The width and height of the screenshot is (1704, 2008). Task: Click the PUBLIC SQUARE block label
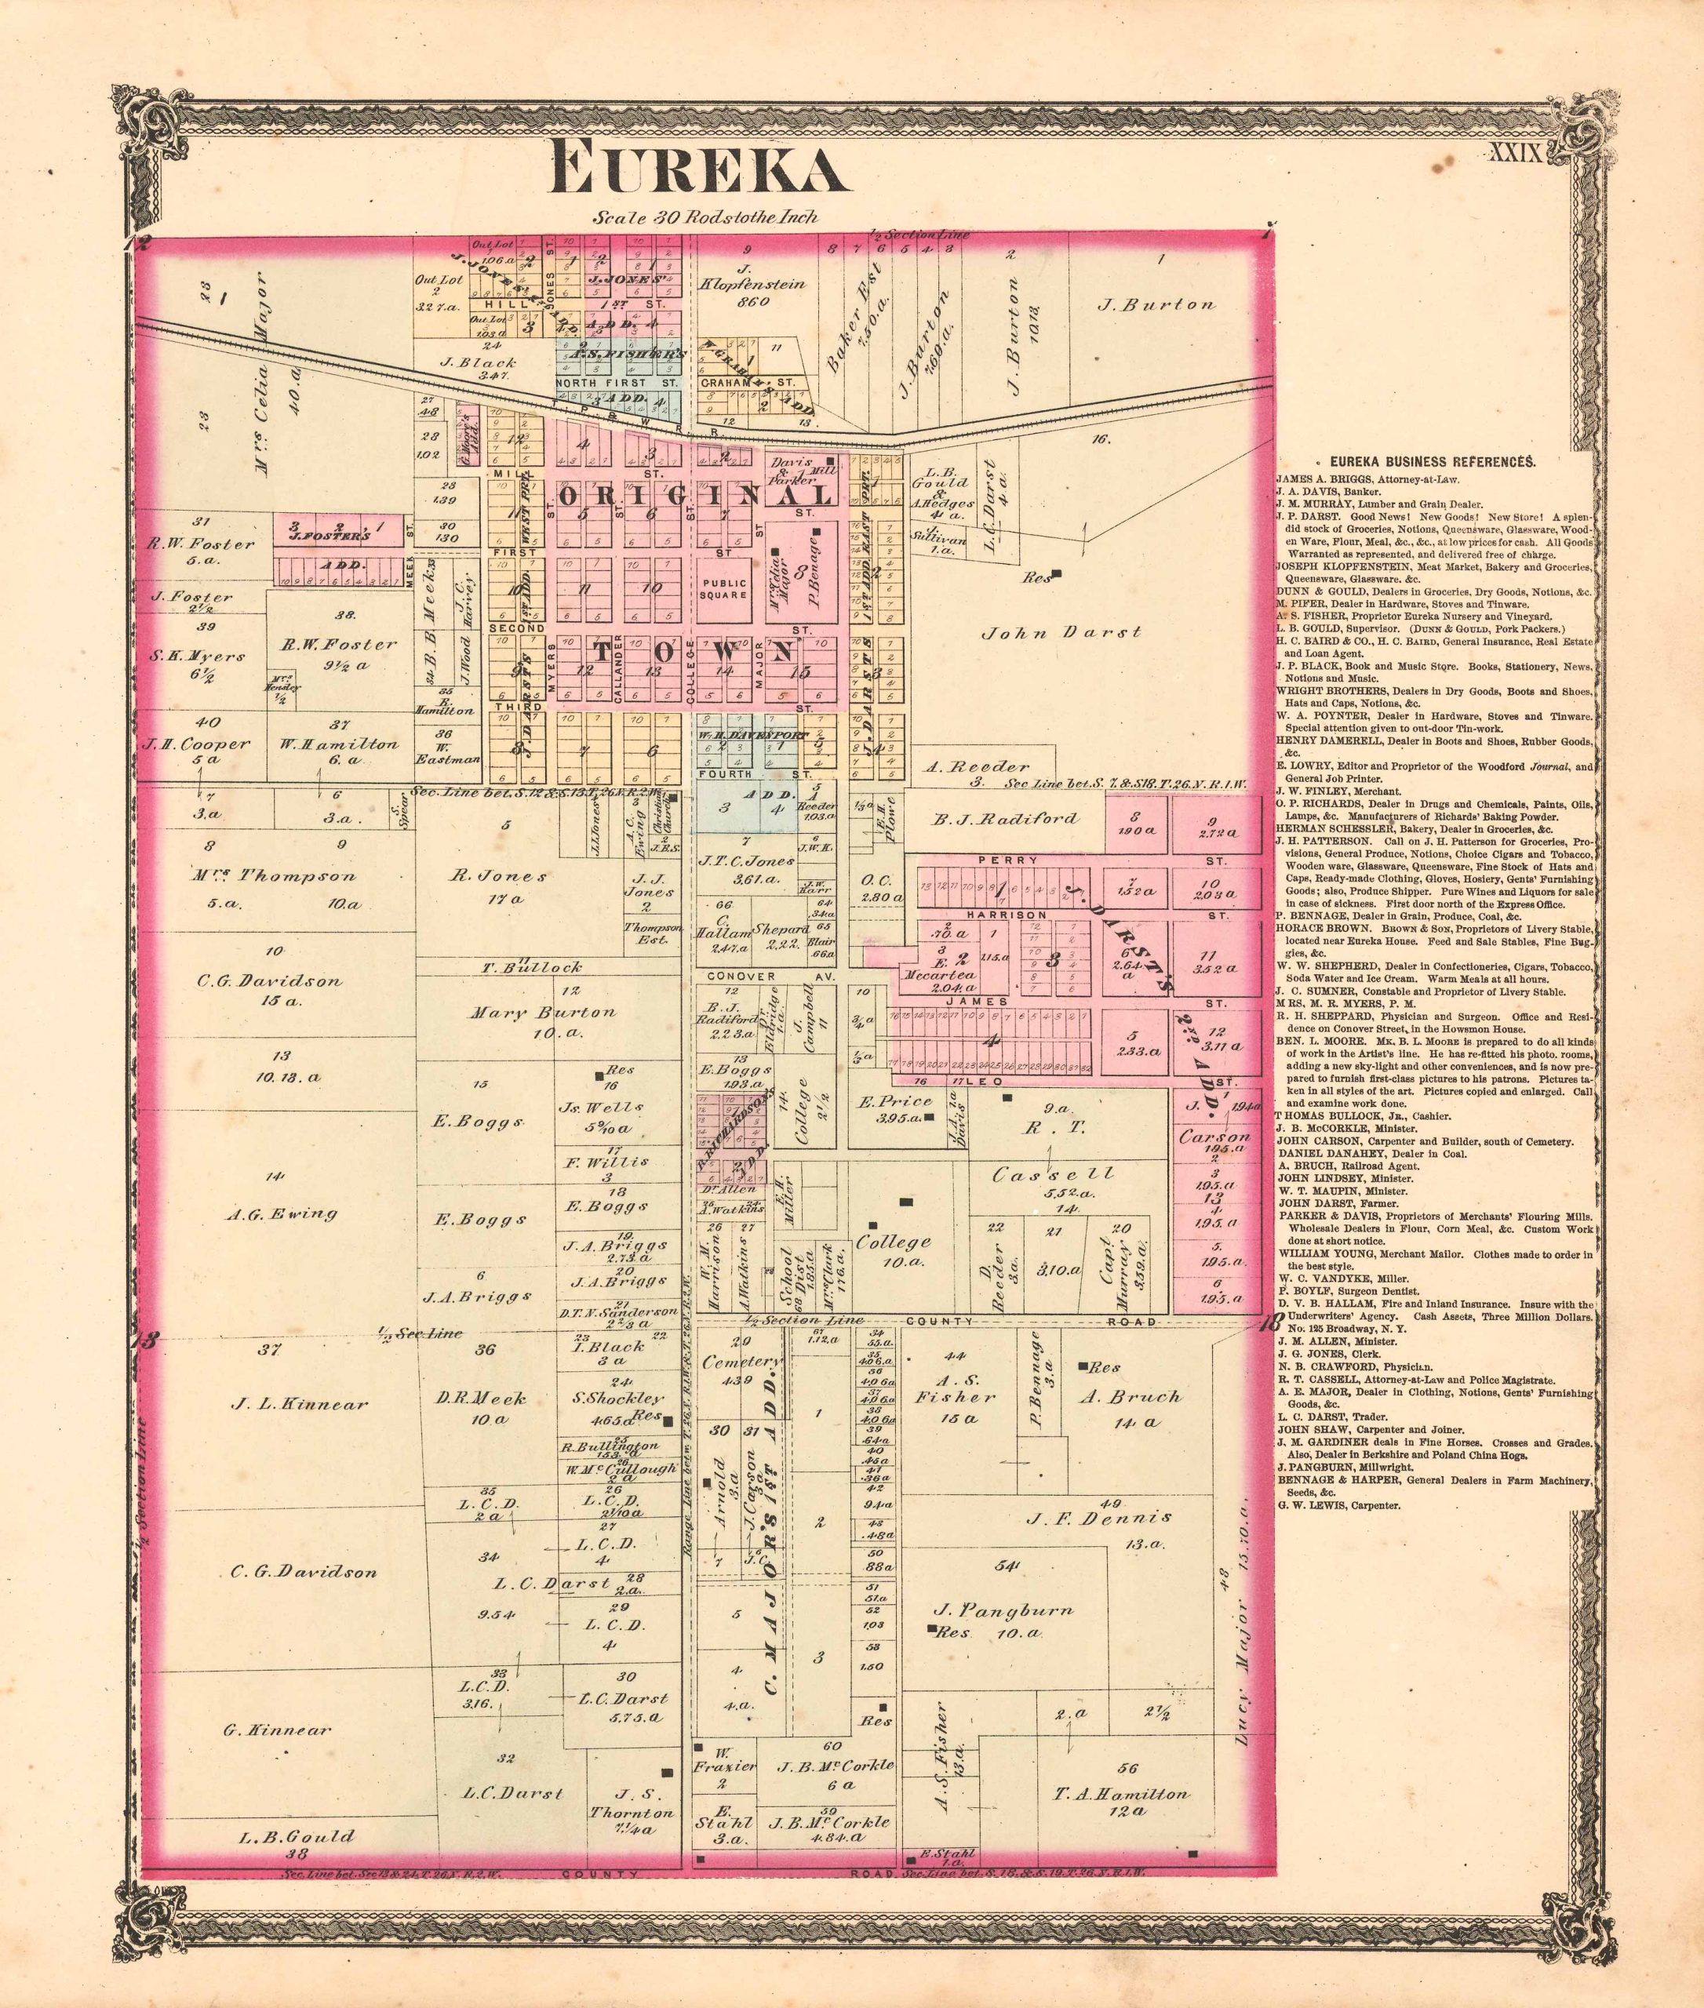723,588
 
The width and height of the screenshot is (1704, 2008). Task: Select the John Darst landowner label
1061,633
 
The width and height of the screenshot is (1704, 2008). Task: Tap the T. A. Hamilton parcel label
1122,1794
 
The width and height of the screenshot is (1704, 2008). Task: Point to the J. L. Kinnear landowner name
300,1403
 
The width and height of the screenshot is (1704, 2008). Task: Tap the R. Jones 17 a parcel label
500,877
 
